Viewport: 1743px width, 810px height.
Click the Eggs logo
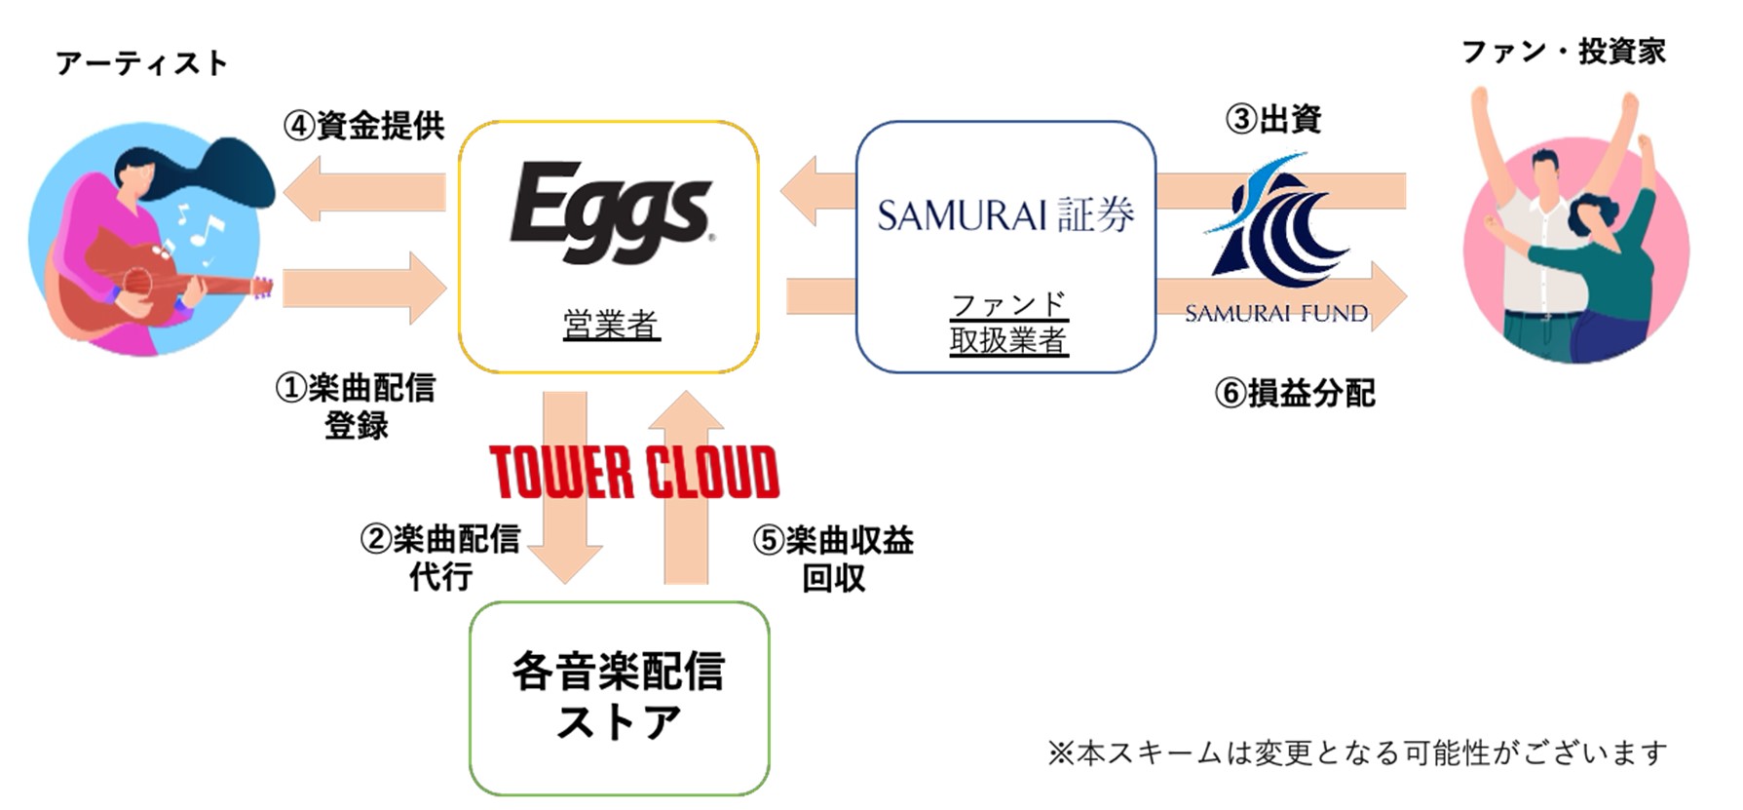(611, 212)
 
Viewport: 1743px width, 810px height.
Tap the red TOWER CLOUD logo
(634, 473)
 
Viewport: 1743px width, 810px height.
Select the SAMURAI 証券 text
(1005, 214)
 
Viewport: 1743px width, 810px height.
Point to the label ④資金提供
(364, 125)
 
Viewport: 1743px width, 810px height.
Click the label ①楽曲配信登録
(356, 405)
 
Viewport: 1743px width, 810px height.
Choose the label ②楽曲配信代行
(440, 557)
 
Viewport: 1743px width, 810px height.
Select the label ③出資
(1272, 119)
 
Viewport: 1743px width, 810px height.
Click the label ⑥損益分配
(1295, 393)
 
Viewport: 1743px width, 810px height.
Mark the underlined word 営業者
(611, 325)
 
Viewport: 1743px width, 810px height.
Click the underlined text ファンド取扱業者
(1008, 323)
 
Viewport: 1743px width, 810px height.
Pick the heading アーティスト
(141, 63)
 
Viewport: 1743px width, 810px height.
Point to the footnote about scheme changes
(1357, 752)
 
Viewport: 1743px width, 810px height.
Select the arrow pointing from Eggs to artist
(365, 189)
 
